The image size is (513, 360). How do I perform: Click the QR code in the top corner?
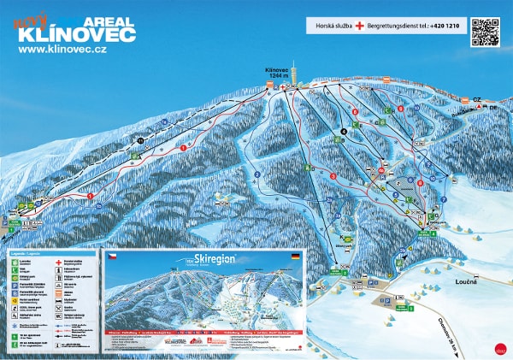pyautogui.click(x=484, y=31)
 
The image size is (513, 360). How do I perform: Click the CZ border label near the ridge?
pyautogui.click(x=476, y=100)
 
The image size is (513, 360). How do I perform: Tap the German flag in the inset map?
pyautogui.click(x=296, y=256)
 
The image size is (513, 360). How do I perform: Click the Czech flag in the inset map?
pyautogui.click(x=111, y=256)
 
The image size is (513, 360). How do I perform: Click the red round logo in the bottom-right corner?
pyautogui.click(x=499, y=347)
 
